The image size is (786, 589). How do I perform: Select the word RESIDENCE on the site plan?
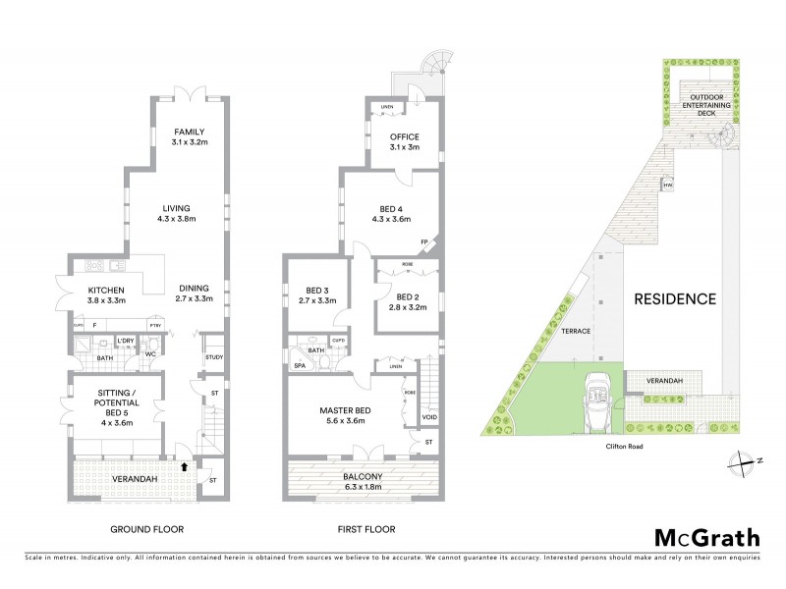click(x=673, y=298)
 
